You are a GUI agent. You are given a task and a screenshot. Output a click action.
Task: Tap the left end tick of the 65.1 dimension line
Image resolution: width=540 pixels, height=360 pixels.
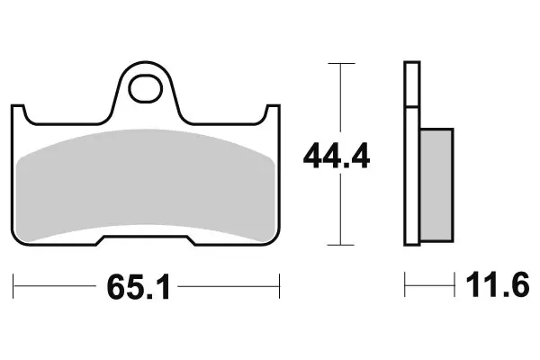(x=13, y=288)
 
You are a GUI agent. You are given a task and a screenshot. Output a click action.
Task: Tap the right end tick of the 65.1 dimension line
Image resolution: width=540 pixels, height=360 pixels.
(x=281, y=288)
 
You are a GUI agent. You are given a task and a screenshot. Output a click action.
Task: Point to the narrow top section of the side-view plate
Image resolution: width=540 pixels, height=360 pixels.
(x=412, y=85)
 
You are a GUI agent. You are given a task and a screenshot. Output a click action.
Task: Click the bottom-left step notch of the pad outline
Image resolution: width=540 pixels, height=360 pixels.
(x=103, y=240)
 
